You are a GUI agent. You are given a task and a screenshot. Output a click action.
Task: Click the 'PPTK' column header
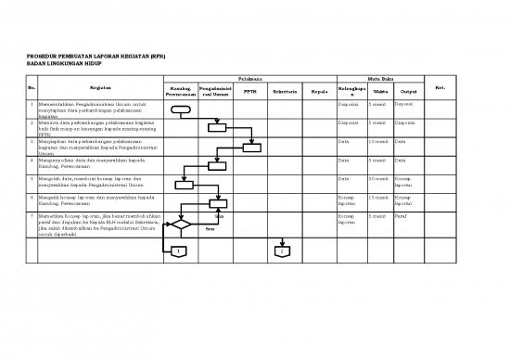[249, 92]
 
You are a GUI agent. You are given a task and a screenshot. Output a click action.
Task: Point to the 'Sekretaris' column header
[285, 92]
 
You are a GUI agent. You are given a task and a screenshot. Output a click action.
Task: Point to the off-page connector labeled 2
[280, 251]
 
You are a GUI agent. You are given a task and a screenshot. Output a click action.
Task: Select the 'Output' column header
[409, 92]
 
